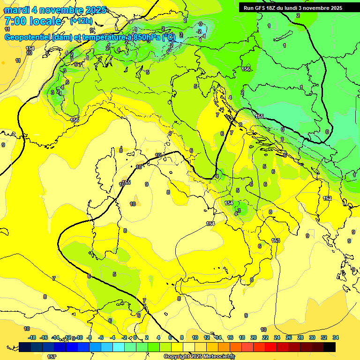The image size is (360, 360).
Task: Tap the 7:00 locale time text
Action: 33,21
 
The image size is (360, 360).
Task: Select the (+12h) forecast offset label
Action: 81,21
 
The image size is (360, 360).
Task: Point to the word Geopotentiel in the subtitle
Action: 28,37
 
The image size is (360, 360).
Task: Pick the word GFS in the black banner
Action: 261,8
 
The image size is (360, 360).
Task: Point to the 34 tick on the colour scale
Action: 336,337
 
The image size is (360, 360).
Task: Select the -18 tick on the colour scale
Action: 32,337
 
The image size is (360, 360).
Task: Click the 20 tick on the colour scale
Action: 254,337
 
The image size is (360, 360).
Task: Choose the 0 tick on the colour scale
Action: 135,337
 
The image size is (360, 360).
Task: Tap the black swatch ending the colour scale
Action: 330,347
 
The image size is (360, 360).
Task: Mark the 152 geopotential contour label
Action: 327,198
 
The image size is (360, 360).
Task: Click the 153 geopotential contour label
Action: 276,240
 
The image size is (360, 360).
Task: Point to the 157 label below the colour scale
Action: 52,357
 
